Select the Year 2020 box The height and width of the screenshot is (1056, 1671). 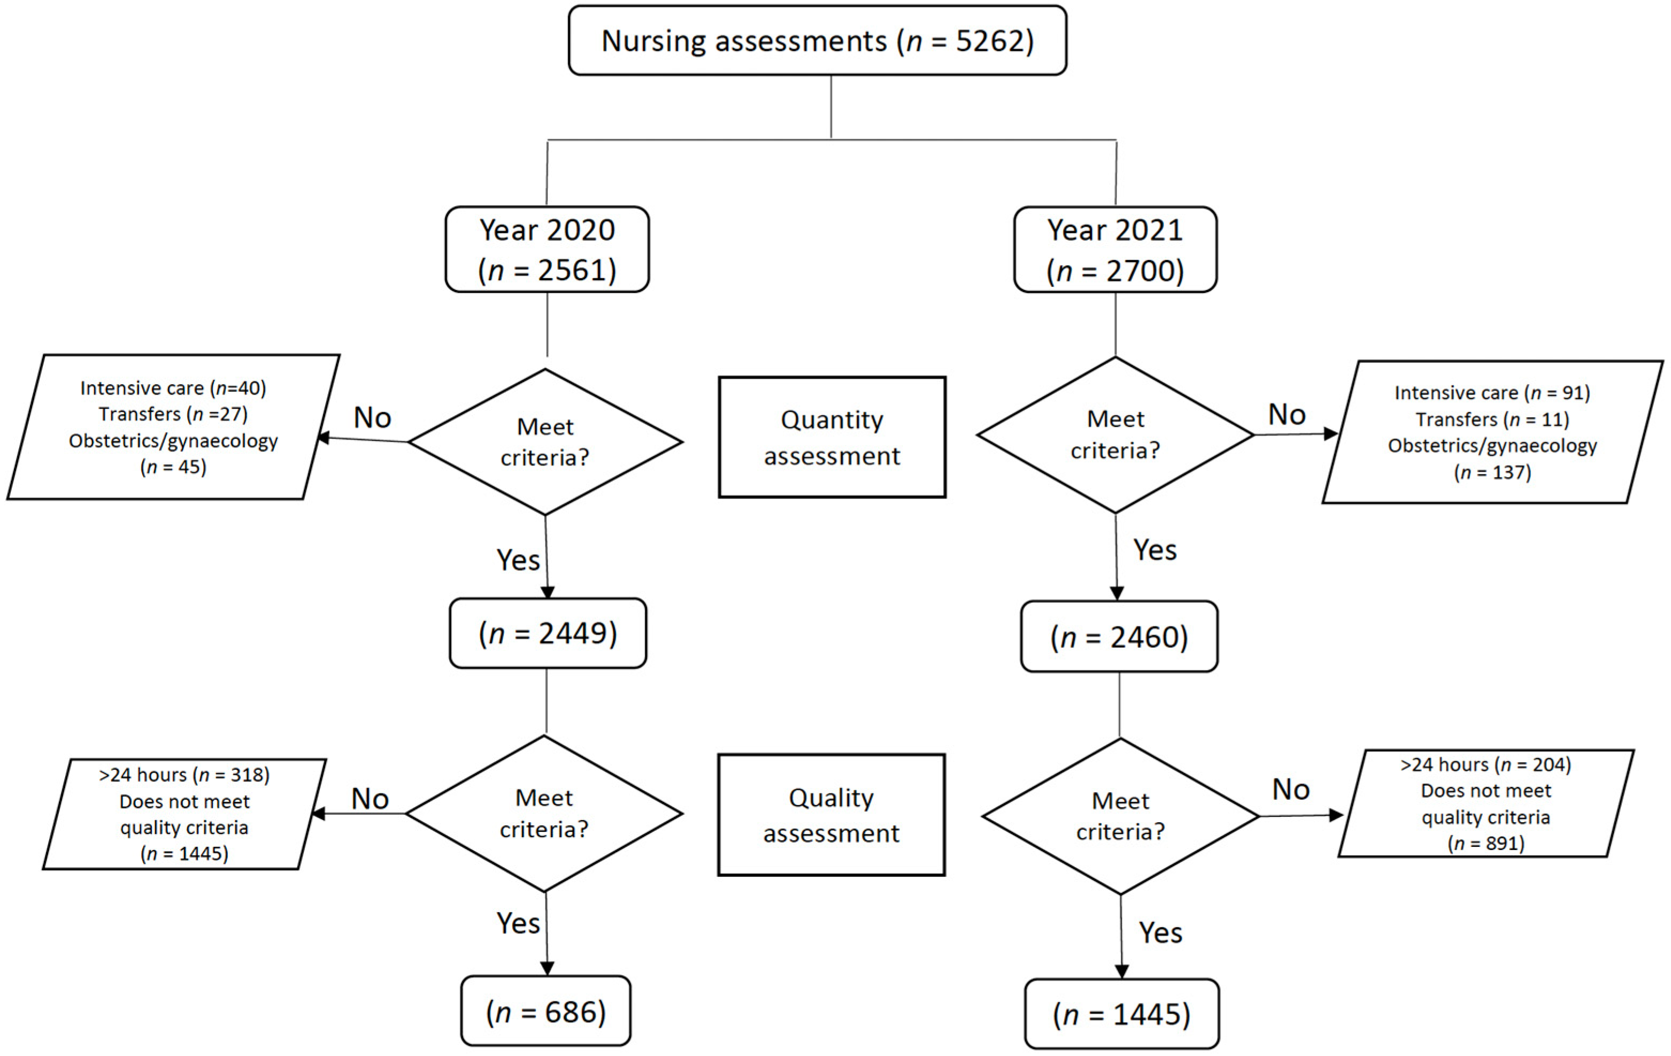pos(547,249)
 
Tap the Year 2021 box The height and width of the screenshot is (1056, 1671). pos(1114,249)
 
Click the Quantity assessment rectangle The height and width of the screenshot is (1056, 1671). pos(831,438)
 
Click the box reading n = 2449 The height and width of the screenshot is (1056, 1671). pos(548,633)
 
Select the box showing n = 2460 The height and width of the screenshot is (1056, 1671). pos(1119,637)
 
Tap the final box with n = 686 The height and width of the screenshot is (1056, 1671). pos(545,1012)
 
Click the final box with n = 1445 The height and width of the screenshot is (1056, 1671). pos(1121,1014)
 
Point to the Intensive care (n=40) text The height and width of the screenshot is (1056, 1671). pos(173,388)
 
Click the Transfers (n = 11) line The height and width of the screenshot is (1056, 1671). pos(1492,419)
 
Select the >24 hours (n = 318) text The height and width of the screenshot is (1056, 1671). pos(184,774)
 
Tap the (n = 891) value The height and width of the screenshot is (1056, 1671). pos(1485,843)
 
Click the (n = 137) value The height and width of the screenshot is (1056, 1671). pos(1492,472)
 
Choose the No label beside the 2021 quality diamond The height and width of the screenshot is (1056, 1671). pos(1290,790)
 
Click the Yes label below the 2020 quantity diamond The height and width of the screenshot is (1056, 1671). pos(518,560)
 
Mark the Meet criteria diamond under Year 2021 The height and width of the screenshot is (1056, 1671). pos(1114,435)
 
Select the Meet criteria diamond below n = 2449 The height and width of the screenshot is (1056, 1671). pos(544,813)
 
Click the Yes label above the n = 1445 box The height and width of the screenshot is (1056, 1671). pos(1160,932)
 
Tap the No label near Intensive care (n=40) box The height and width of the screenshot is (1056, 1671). pos(372,417)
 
